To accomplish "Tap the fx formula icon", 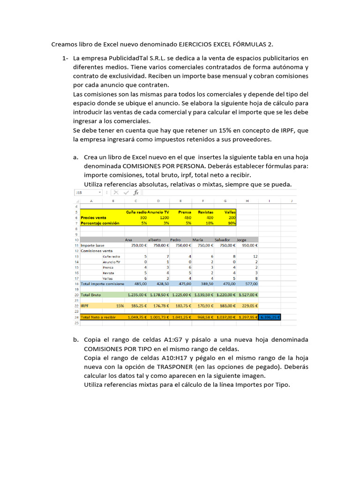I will pyautogui.click(x=136, y=192).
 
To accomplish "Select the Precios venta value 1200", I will pyautogui.click(x=164, y=217).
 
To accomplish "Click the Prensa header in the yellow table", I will pyautogui.click(x=184, y=212).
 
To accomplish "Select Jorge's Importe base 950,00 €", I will pyautogui.click(x=249, y=245).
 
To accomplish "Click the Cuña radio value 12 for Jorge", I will pyautogui.click(x=255, y=256).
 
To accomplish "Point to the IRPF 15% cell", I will pyautogui.click(x=120, y=306).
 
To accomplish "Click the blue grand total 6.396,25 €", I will pyautogui.click(x=270, y=317).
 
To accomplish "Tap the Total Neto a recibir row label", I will pyautogui.click(x=98, y=317).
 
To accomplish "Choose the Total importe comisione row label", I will pyautogui.click(x=102, y=284).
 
